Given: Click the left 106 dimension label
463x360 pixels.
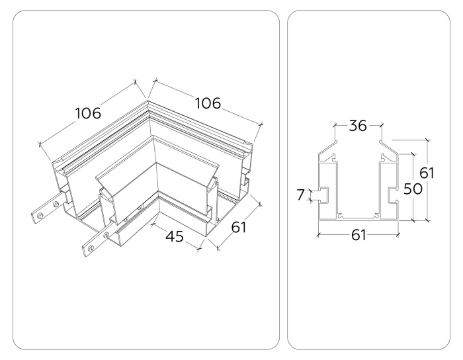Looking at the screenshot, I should pos(88,113).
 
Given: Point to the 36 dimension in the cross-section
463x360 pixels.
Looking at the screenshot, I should pos(358,126).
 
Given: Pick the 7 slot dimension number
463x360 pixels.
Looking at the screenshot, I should pos(301,194).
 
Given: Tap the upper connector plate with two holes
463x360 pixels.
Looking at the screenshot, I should pos(46,211).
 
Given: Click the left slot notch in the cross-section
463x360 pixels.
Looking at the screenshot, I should pos(324,194).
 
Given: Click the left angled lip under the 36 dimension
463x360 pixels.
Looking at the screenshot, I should pos(327,152).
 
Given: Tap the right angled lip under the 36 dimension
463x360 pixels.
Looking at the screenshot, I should pos(389,152).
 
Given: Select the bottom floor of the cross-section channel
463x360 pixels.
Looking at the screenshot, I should pos(358,216).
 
